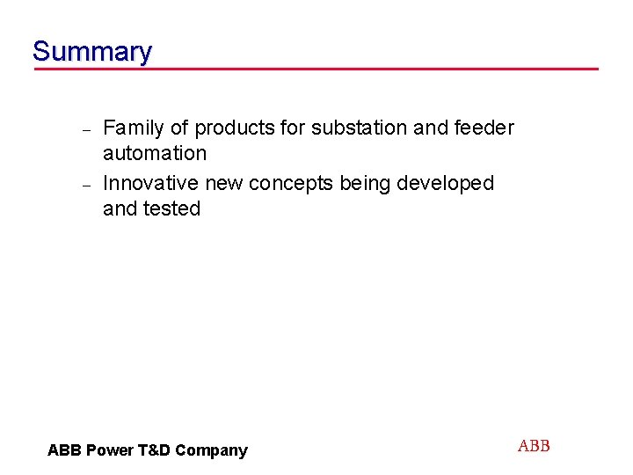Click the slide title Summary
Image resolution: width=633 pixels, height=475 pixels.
(x=91, y=51)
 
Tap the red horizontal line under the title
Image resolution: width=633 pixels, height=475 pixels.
(x=316, y=69)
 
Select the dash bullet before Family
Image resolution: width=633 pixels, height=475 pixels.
(x=86, y=129)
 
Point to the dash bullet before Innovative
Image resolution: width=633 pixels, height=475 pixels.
(x=86, y=185)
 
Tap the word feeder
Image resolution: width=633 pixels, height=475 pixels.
(x=484, y=128)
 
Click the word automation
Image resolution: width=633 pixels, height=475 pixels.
(x=155, y=153)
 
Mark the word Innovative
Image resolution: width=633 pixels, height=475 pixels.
(x=151, y=183)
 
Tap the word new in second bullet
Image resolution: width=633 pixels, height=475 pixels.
(x=224, y=183)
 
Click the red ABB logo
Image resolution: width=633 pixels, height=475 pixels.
(x=534, y=446)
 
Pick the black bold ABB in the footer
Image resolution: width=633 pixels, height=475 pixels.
(x=64, y=450)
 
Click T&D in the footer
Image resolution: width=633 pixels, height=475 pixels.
(x=153, y=450)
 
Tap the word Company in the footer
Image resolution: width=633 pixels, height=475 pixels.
(x=211, y=450)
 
